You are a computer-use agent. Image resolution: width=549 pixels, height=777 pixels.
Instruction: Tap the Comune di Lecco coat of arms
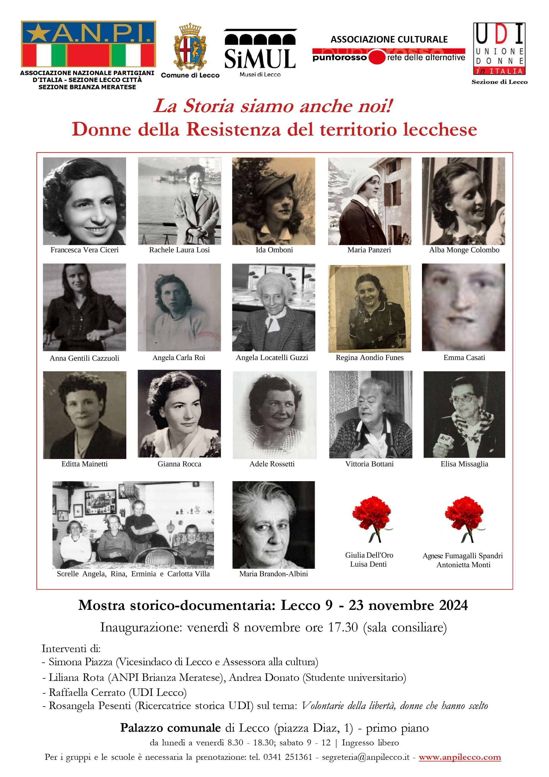pyautogui.click(x=190, y=47)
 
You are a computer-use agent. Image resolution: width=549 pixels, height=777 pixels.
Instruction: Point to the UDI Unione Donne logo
pyautogui.click(x=499, y=49)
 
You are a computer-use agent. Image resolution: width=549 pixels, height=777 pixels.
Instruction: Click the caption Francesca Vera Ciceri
pyautogui.click(x=84, y=250)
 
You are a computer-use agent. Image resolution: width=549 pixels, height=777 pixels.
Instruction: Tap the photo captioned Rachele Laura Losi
pyautogui.click(x=179, y=201)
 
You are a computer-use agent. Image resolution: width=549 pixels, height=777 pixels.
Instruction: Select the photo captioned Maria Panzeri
pyautogui.click(x=369, y=201)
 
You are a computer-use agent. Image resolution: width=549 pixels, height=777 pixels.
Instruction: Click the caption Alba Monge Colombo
pyautogui.click(x=464, y=250)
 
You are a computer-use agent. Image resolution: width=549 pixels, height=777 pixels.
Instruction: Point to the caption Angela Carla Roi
pyautogui.click(x=179, y=358)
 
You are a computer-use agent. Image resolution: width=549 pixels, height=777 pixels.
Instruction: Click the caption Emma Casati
pyautogui.click(x=464, y=358)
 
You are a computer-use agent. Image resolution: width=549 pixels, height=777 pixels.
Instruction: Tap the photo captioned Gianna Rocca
pyautogui.click(x=179, y=414)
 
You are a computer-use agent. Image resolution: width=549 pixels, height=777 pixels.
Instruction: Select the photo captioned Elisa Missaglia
pyautogui.click(x=464, y=414)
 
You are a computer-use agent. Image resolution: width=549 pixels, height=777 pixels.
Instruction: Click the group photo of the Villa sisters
pyautogui.click(x=133, y=525)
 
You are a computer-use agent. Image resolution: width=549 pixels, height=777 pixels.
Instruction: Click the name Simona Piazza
pyautogui.click(x=80, y=661)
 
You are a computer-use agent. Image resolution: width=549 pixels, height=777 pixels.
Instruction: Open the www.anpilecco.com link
pyautogui.click(x=460, y=757)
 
